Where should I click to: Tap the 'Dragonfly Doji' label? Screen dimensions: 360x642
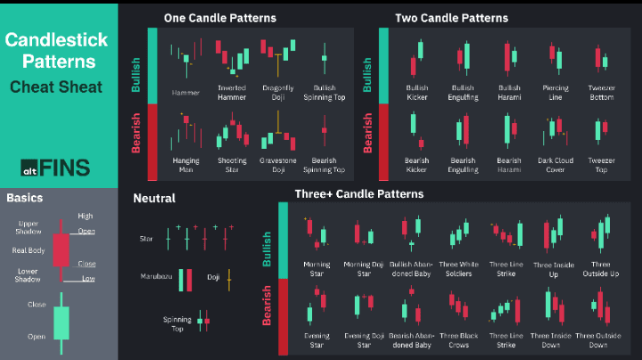coord(277,92)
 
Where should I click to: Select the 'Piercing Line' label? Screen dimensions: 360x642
coord(555,92)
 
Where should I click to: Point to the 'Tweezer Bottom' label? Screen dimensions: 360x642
coord(601,92)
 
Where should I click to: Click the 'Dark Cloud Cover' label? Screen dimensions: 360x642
coord(555,164)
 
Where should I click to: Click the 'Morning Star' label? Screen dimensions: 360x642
coord(317,268)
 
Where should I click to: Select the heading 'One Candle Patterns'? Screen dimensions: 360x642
coord(219,18)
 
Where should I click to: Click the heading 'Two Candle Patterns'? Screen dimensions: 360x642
coord(452,18)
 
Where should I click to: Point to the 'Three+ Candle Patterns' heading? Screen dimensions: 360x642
coord(358,193)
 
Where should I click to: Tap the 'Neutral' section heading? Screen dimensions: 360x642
coord(154,198)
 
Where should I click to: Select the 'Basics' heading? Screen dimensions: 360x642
coord(25,197)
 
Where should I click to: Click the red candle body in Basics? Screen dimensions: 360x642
coord(61,249)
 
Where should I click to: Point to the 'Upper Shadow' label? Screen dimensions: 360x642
coord(29,228)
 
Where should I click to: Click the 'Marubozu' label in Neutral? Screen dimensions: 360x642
coord(156,277)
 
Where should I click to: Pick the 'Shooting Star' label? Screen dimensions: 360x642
coord(232,164)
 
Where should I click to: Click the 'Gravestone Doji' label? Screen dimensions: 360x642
coord(277,164)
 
